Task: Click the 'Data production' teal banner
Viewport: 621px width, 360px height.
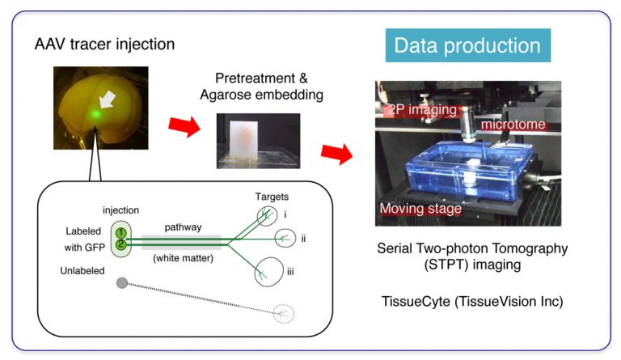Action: [x=467, y=45]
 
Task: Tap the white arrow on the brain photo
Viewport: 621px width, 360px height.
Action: [x=107, y=100]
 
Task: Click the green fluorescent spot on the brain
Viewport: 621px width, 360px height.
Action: [x=95, y=114]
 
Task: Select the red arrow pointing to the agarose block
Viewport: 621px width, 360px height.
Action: [x=184, y=126]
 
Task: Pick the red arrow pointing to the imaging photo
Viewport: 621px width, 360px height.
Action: [x=336, y=154]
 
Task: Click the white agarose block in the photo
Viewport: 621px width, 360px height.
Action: [x=244, y=141]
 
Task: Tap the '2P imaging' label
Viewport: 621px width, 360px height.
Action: [x=422, y=110]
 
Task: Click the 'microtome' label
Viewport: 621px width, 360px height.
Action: [x=513, y=125]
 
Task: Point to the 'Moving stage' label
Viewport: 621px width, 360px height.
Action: [x=420, y=209]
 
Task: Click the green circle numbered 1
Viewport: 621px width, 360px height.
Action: [x=121, y=233]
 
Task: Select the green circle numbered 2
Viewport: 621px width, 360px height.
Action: [x=121, y=244]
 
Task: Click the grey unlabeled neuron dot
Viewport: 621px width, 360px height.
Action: [x=122, y=283]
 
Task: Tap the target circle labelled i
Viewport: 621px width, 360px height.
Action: [x=267, y=216]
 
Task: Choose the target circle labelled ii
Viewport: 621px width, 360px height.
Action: [x=285, y=238]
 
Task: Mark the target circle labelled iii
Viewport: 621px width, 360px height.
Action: [x=269, y=272]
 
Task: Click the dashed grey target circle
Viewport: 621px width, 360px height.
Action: [x=284, y=314]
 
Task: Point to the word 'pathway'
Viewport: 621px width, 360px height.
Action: [x=183, y=227]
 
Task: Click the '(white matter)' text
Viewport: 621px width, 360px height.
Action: [x=183, y=258]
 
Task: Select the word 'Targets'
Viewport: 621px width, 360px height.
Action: [x=272, y=197]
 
